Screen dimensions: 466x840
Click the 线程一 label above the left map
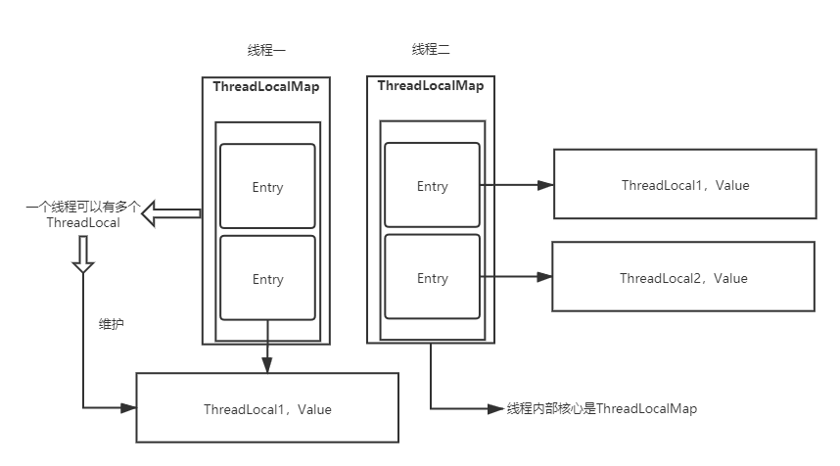pyautogui.click(x=266, y=50)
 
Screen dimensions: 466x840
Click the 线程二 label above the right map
pyautogui.click(x=431, y=50)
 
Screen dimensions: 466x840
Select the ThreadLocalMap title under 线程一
pyautogui.click(x=266, y=87)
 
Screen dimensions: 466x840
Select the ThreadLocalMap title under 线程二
pyautogui.click(x=431, y=86)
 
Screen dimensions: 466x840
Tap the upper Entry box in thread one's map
pyautogui.click(x=267, y=186)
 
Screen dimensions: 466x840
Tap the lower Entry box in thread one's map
pyautogui.click(x=267, y=278)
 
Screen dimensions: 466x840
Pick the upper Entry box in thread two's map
pyautogui.click(x=432, y=185)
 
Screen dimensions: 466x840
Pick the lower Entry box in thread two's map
pyautogui.click(x=432, y=277)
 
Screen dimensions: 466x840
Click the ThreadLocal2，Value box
pyautogui.click(x=683, y=278)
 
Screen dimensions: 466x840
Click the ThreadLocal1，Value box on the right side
pyautogui.click(x=684, y=184)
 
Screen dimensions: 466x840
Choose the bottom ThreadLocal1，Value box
pyautogui.click(x=267, y=409)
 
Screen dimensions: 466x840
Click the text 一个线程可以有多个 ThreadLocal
pyautogui.click(x=83, y=215)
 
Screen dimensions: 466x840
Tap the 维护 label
pyautogui.click(x=111, y=323)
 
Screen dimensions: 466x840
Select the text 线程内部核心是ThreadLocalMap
pyautogui.click(x=601, y=408)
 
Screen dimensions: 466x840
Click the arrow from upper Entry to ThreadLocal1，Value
pyautogui.click(x=517, y=184)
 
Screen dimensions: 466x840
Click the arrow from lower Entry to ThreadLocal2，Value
pyautogui.click(x=517, y=278)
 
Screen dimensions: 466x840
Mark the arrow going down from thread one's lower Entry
pyautogui.click(x=267, y=348)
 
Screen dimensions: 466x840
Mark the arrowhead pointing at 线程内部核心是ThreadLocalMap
pyautogui.click(x=497, y=408)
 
